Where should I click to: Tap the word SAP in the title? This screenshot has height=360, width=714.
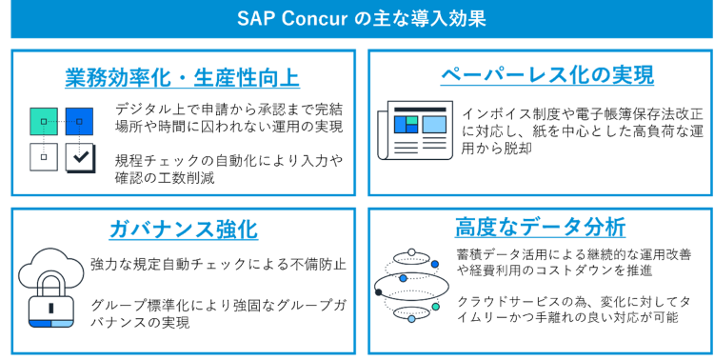(255, 19)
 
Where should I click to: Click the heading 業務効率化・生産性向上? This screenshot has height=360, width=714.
(183, 78)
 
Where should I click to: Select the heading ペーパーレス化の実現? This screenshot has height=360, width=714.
(546, 75)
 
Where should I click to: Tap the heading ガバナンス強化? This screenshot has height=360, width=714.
(183, 230)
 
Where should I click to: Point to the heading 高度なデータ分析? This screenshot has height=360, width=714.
(540, 228)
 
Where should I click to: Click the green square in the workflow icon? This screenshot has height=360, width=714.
(44, 122)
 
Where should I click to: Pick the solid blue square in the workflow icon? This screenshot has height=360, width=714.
(79, 122)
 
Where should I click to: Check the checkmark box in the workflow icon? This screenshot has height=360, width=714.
(80, 156)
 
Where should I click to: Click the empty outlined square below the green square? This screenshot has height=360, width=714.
(44, 156)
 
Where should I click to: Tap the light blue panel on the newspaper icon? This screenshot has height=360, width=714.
(434, 125)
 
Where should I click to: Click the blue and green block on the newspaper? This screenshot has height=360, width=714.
(406, 124)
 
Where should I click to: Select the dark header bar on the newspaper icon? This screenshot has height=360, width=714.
(419, 109)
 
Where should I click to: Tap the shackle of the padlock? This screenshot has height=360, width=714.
(50, 284)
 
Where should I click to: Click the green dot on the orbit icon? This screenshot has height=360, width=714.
(435, 307)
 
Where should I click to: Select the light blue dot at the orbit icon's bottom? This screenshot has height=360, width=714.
(411, 319)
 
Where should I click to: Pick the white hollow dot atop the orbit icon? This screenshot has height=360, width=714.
(411, 252)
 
